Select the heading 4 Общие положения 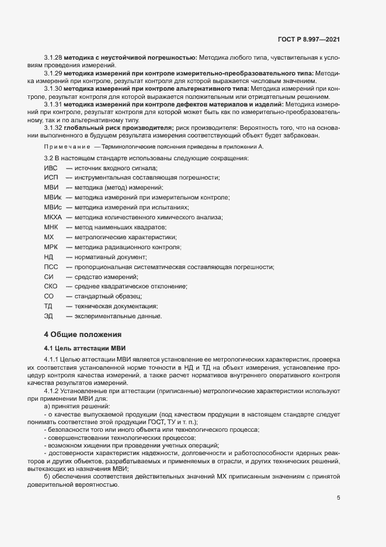[x=83, y=334]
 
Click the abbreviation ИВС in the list [x=51, y=168]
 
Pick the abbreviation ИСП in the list [x=51, y=178]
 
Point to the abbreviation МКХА [x=53, y=217]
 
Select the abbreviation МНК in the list [x=51, y=227]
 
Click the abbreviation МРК [x=51, y=247]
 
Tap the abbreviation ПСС [x=51, y=267]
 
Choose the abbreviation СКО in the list [x=51, y=287]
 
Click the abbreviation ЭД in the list [x=48, y=316]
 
